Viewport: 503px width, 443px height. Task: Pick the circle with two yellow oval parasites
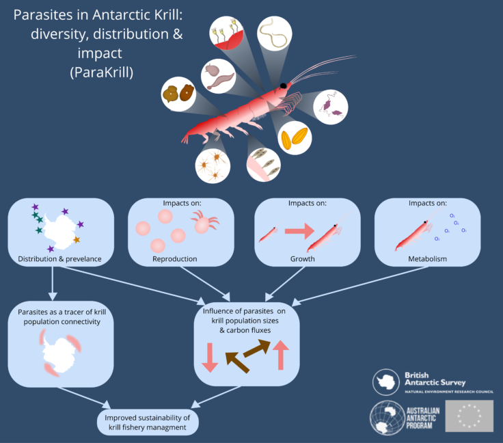295,137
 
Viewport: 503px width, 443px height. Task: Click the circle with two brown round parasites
178,94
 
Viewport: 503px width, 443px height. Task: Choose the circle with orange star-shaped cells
212,165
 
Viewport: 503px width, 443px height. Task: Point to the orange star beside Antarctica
77,240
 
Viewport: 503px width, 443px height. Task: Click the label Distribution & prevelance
61,259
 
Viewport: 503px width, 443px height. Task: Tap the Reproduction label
174,259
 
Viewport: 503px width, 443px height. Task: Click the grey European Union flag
469,416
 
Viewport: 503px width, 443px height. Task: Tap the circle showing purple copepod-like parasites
331,106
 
